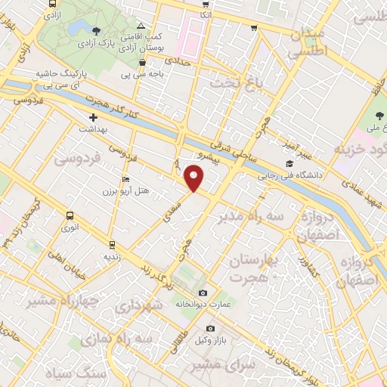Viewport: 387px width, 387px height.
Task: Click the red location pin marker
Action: click(x=195, y=179)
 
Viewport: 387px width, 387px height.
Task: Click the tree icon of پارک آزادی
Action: click(x=97, y=31)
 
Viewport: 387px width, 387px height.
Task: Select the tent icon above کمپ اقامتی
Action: click(x=141, y=26)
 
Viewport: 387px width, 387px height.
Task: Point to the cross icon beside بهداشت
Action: click(x=93, y=117)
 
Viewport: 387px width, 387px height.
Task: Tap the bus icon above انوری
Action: click(x=70, y=215)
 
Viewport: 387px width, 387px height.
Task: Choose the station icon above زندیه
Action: click(x=112, y=244)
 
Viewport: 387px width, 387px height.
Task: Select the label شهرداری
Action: click(x=141, y=305)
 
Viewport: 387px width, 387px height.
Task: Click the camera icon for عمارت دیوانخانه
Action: click(x=202, y=293)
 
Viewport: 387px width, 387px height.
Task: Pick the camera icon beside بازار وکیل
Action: click(x=210, y=328)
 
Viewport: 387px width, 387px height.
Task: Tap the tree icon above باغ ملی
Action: click(x=379, y=116)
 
